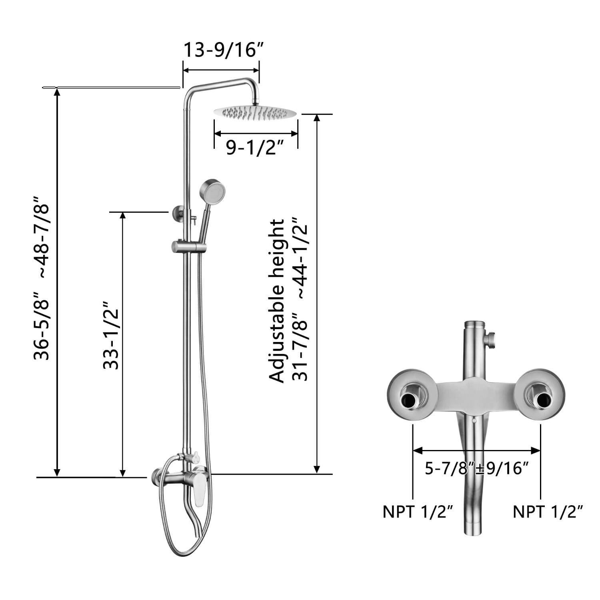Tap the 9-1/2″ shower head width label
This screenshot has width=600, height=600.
point(255,148)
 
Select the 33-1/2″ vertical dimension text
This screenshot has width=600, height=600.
point(111,335)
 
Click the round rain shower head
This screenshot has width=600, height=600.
point(256,112)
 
